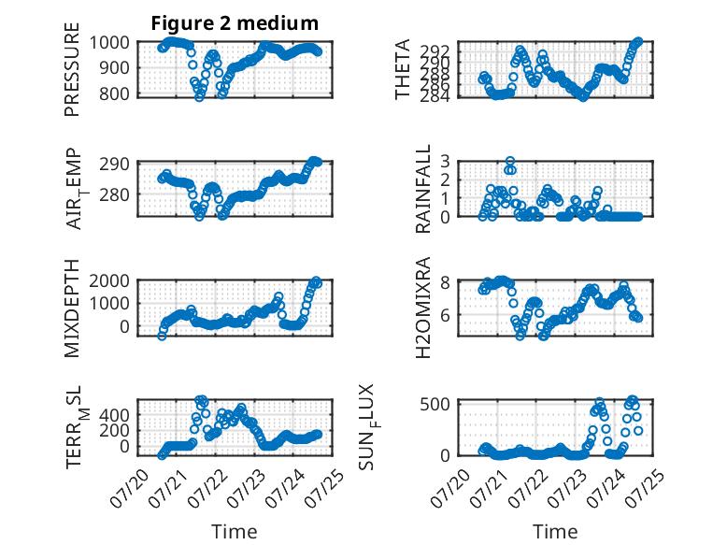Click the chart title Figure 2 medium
(x=235, y=23)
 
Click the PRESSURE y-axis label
(x=72, y=69)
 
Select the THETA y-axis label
(x=403, y=69)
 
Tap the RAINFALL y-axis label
(x=423, y=189)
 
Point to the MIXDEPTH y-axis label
(x=72, y=308)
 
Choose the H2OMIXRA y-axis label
(x=423, y=308)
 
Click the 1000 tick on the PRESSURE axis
(x=109, y=43)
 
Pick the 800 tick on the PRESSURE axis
(x=115, y=93)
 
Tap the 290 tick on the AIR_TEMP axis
(x=115, y=165)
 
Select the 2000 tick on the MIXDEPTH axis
(x=109, y=280)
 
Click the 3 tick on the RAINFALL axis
(x=445, y=162)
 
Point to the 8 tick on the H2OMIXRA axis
(x=445, y=282)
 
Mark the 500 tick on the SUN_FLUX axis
(x=435, y=404)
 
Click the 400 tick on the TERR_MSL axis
(x=115, y=415)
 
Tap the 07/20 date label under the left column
(x=129, y=488)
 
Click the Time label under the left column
(x=235, y=532)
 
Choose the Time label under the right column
(x=555, y=532)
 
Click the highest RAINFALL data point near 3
(x=510, y=162)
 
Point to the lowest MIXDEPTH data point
(x=162, y=337)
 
